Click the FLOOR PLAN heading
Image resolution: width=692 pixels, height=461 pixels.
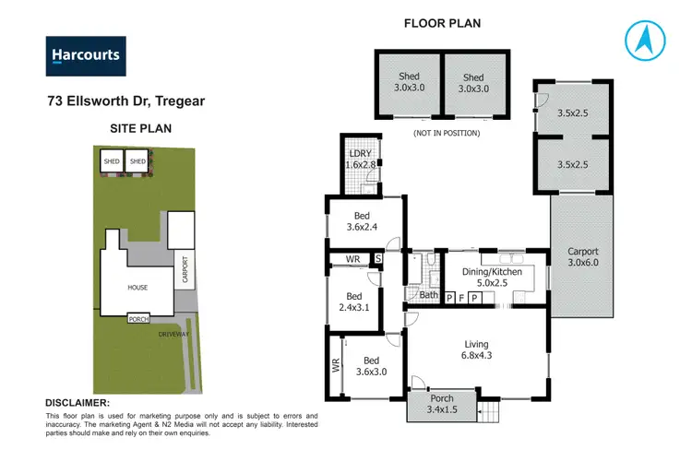tap(442, 22)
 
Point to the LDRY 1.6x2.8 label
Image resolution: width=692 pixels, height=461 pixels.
tap(356, 158)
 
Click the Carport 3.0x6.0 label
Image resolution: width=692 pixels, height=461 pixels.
tap(582, 257)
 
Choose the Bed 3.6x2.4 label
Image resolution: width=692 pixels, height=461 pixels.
tap(363, 221)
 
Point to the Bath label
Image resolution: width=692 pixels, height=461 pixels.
tap(428, 295)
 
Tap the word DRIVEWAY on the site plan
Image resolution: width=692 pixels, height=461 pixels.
tap(173, 333)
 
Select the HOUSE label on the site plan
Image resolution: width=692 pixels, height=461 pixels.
tap(137, 288)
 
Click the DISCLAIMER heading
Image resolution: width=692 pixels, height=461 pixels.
tap(78, 403)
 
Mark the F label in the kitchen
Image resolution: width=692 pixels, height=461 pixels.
tap(462, 298)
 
